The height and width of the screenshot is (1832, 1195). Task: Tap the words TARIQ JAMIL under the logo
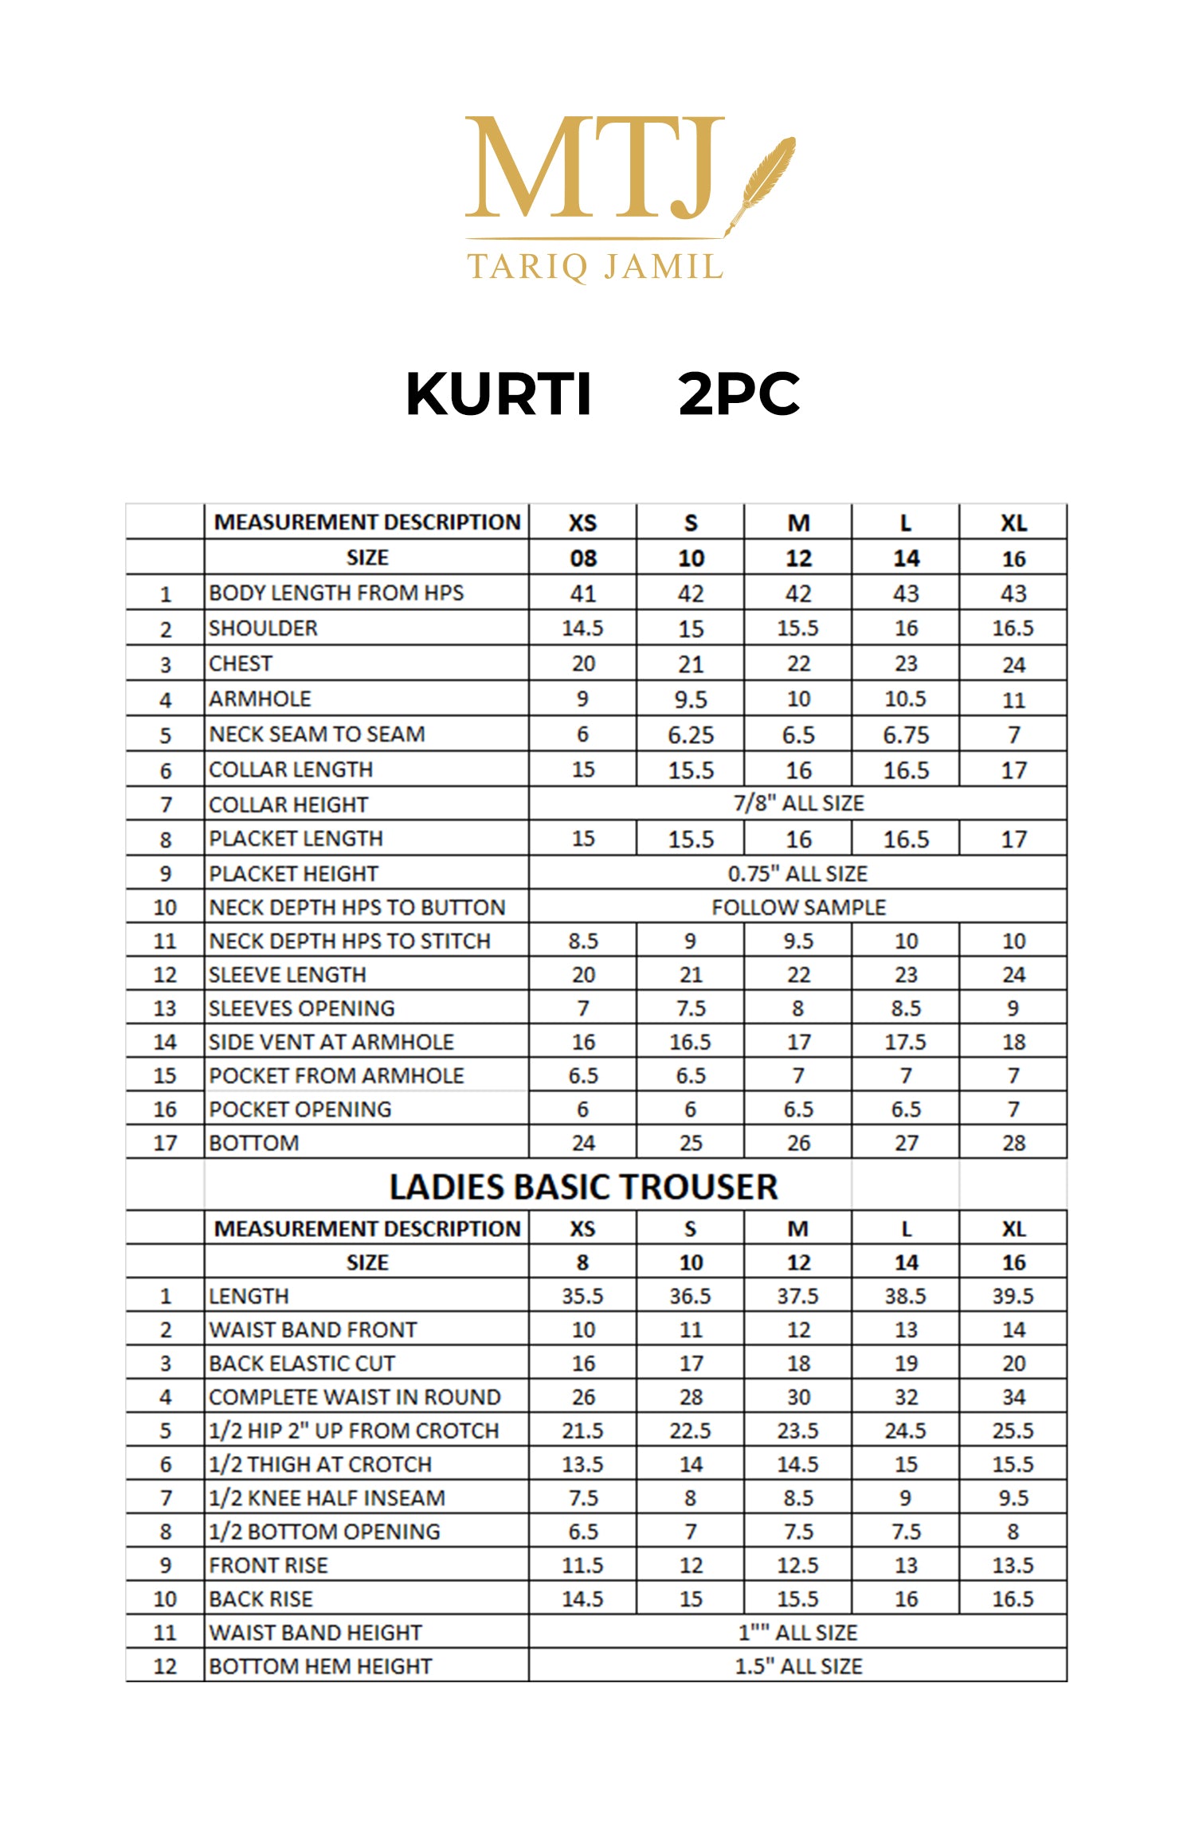pos(594,266)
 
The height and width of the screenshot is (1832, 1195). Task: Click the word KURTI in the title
pos(499,394)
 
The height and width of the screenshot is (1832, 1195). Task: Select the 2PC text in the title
pos(739,394)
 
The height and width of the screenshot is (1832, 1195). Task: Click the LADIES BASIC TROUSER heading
pos(583,1187)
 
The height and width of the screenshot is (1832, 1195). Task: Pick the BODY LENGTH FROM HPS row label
pos(336,593)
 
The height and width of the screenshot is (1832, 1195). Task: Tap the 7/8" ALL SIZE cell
pos(798,803)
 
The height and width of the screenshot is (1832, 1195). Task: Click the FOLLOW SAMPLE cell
pos(798,907)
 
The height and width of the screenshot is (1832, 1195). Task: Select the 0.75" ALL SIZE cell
pos(797,874)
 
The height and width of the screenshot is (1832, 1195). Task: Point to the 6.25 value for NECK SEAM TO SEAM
pos(691,734)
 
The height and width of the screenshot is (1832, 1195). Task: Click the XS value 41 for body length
pos(583,593)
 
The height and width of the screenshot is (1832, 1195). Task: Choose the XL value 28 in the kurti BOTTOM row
pos(1013,1143)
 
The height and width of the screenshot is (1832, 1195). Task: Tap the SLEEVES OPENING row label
pos(302,1008)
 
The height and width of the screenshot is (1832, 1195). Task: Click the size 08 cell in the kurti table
pos(583,558)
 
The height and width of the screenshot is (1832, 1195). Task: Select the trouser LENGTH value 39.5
pos(1013,1296)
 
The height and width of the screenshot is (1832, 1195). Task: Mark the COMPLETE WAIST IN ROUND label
pos(355,1397)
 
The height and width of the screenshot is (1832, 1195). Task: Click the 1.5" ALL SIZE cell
pos(798,1666)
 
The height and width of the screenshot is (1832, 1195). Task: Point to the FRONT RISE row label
pos(268,1565)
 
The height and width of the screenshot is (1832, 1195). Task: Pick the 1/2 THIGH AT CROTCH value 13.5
pos(583,1464)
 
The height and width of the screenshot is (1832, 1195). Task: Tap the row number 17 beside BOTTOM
pos(165,1143)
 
